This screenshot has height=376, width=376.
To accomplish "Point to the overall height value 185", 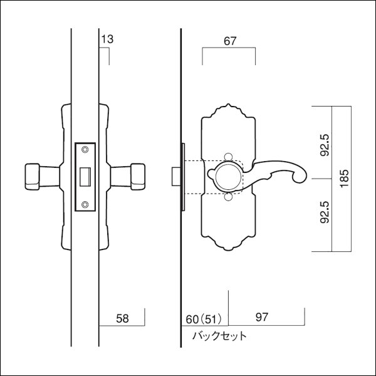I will point(343,179).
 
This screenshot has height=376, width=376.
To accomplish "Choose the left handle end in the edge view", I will point(33,177).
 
